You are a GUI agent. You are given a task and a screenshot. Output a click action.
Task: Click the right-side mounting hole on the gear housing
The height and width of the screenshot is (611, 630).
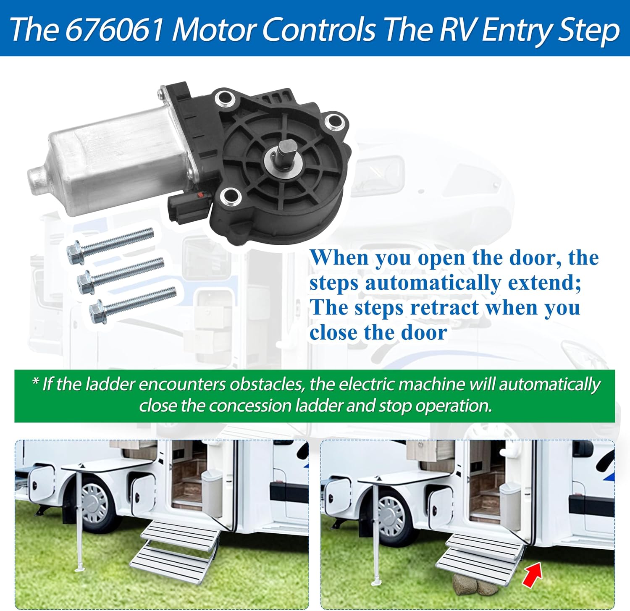335,122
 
